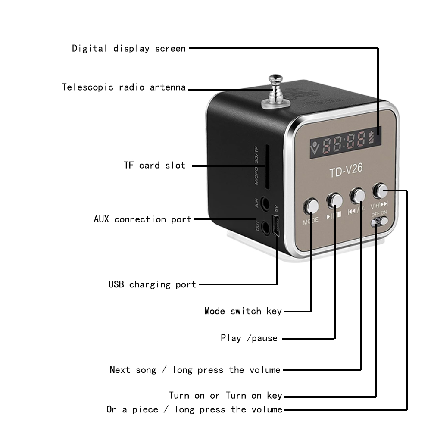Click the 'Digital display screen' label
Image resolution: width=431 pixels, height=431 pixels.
pyautogui.click(x=129, y=48)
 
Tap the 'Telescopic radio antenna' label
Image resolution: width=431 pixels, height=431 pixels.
pyautogui.click(x=124, y=87)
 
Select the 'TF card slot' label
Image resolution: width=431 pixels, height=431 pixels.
pyautogui.click(x=154, y=165)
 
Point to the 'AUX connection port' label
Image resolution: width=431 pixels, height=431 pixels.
pyautogui.click(x=143, y=219)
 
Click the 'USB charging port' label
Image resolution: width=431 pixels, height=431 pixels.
pyautogui.click(x=152, y=284)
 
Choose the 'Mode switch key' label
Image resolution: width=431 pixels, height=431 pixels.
pyautogui.click(x=243, y=311)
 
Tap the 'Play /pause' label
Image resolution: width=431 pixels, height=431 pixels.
pyautogui.click(x=249, y=338)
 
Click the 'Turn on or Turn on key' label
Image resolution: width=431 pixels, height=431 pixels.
pyautogui.click(x=225, y=395)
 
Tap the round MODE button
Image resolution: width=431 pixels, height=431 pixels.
pyautogui.click(x=311, y=206)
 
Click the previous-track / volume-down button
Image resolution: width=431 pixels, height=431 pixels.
pyautogui.click(x=357, y=195)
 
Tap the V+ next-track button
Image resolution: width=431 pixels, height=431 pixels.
pyautogui.click(x=380, y=190)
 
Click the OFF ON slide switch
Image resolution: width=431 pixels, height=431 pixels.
pyautogui.click(x=379, y=221)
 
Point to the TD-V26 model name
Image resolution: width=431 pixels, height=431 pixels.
pyautogui.click(x=346, y=172)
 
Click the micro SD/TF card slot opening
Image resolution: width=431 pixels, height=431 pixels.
pyautogui.click(x=268, y=167)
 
